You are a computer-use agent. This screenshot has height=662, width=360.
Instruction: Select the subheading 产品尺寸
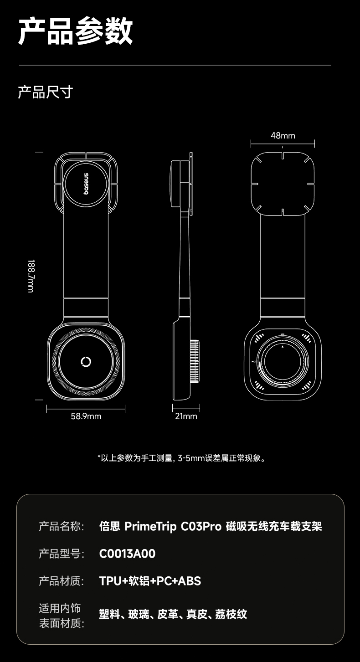pos(45,92)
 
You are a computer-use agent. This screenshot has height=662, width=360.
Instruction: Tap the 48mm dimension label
pos(283,135)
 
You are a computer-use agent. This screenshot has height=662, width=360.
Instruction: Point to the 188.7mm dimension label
pos(31,276)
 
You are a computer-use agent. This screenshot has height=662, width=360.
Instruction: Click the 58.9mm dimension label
pos(86,416)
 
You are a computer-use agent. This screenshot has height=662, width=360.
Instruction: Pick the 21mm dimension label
pos(186,416)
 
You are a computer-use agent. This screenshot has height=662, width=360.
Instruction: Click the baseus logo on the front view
pos(87,184)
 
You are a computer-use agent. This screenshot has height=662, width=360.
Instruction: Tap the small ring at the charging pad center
pos(86,362)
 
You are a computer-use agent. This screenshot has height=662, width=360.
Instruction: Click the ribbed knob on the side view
pos(195,361)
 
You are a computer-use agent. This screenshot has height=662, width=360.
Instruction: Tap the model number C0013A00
pos(127,554)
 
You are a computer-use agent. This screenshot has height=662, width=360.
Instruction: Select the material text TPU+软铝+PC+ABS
pos(150,581)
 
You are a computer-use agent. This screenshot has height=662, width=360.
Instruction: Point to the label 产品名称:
pos(62,527)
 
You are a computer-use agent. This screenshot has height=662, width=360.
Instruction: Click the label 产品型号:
pos(62,554)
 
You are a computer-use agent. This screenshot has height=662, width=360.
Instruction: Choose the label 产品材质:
pos(62,581)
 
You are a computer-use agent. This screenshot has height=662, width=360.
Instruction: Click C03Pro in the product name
pos(201,527)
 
